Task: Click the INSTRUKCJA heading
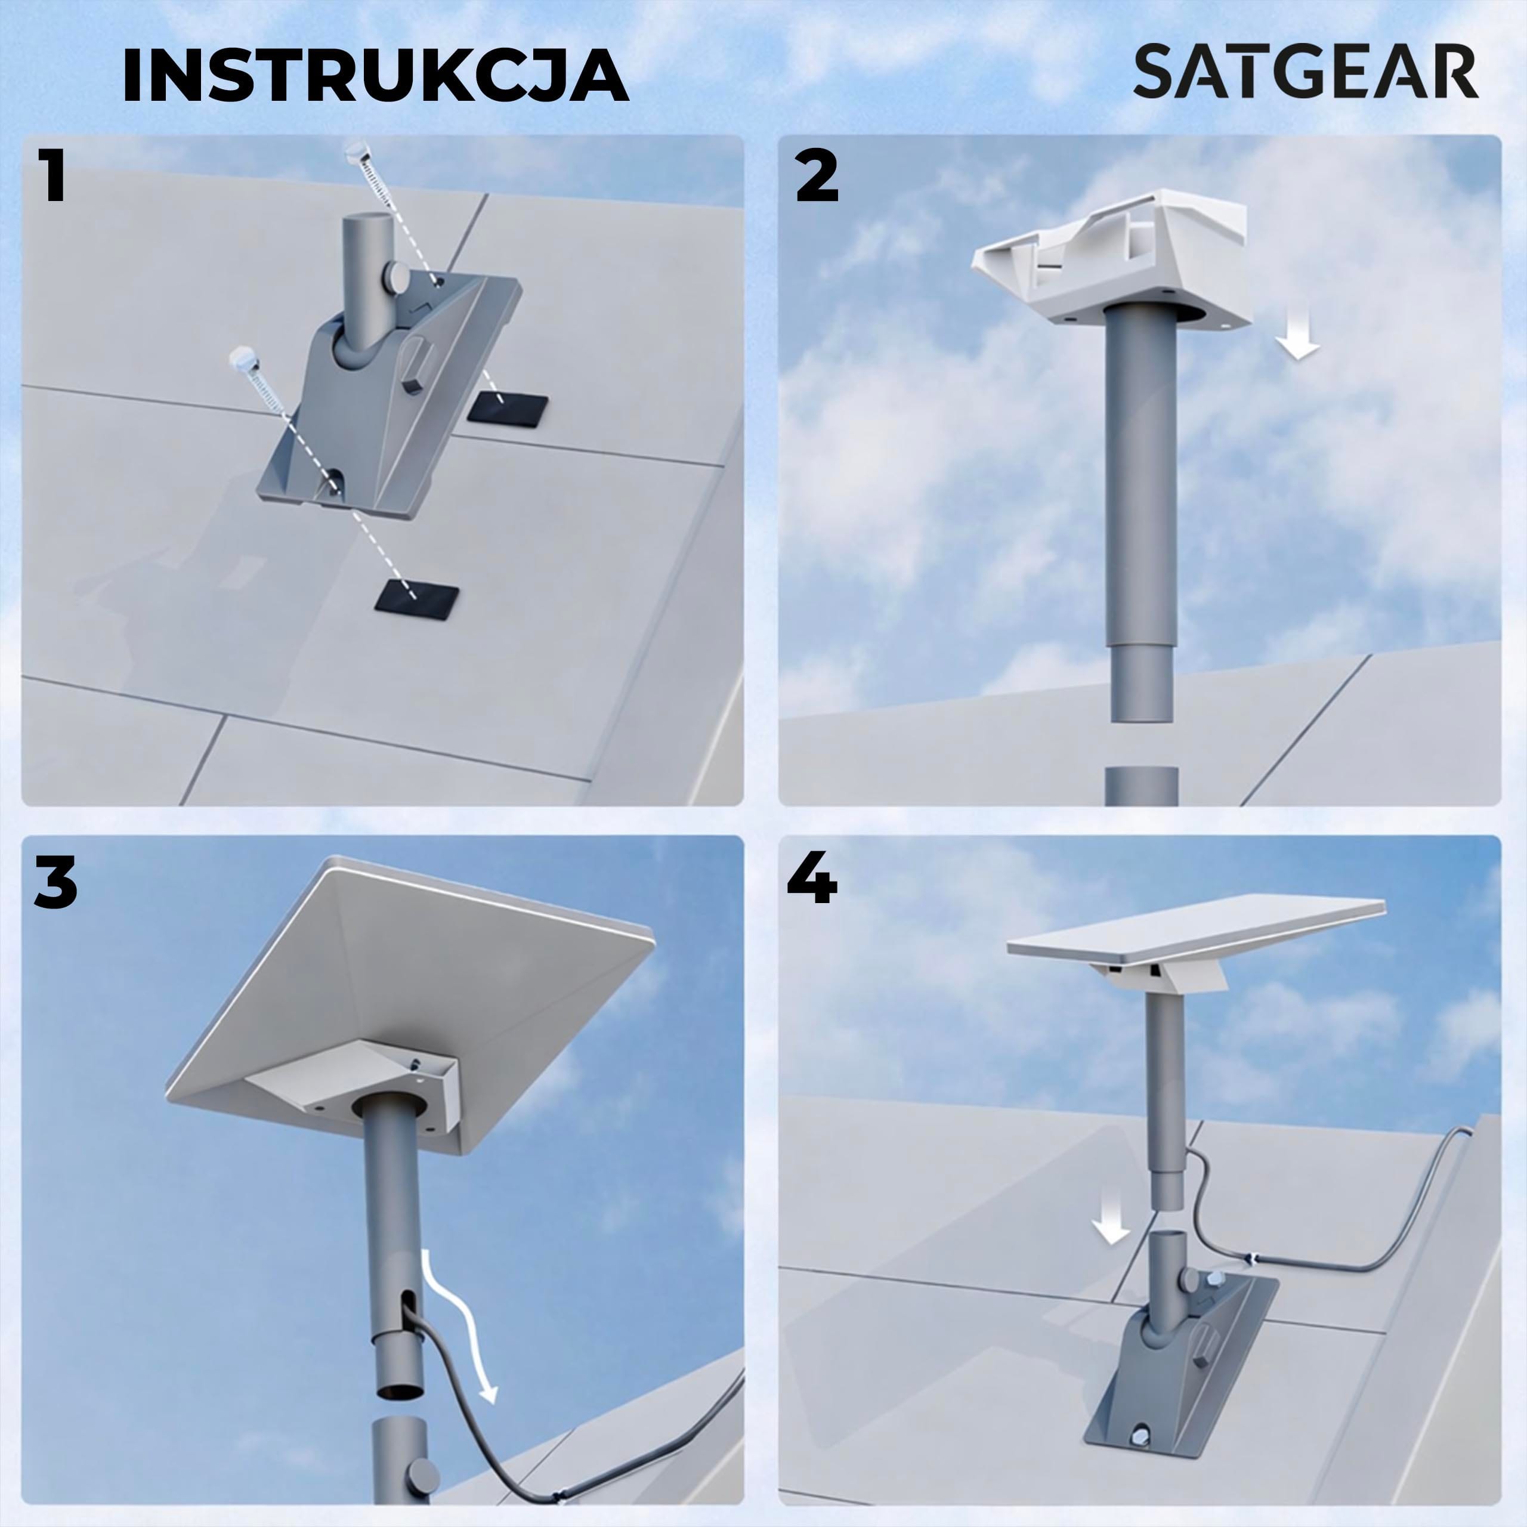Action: (375, 76)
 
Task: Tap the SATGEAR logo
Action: (1306, 72)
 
